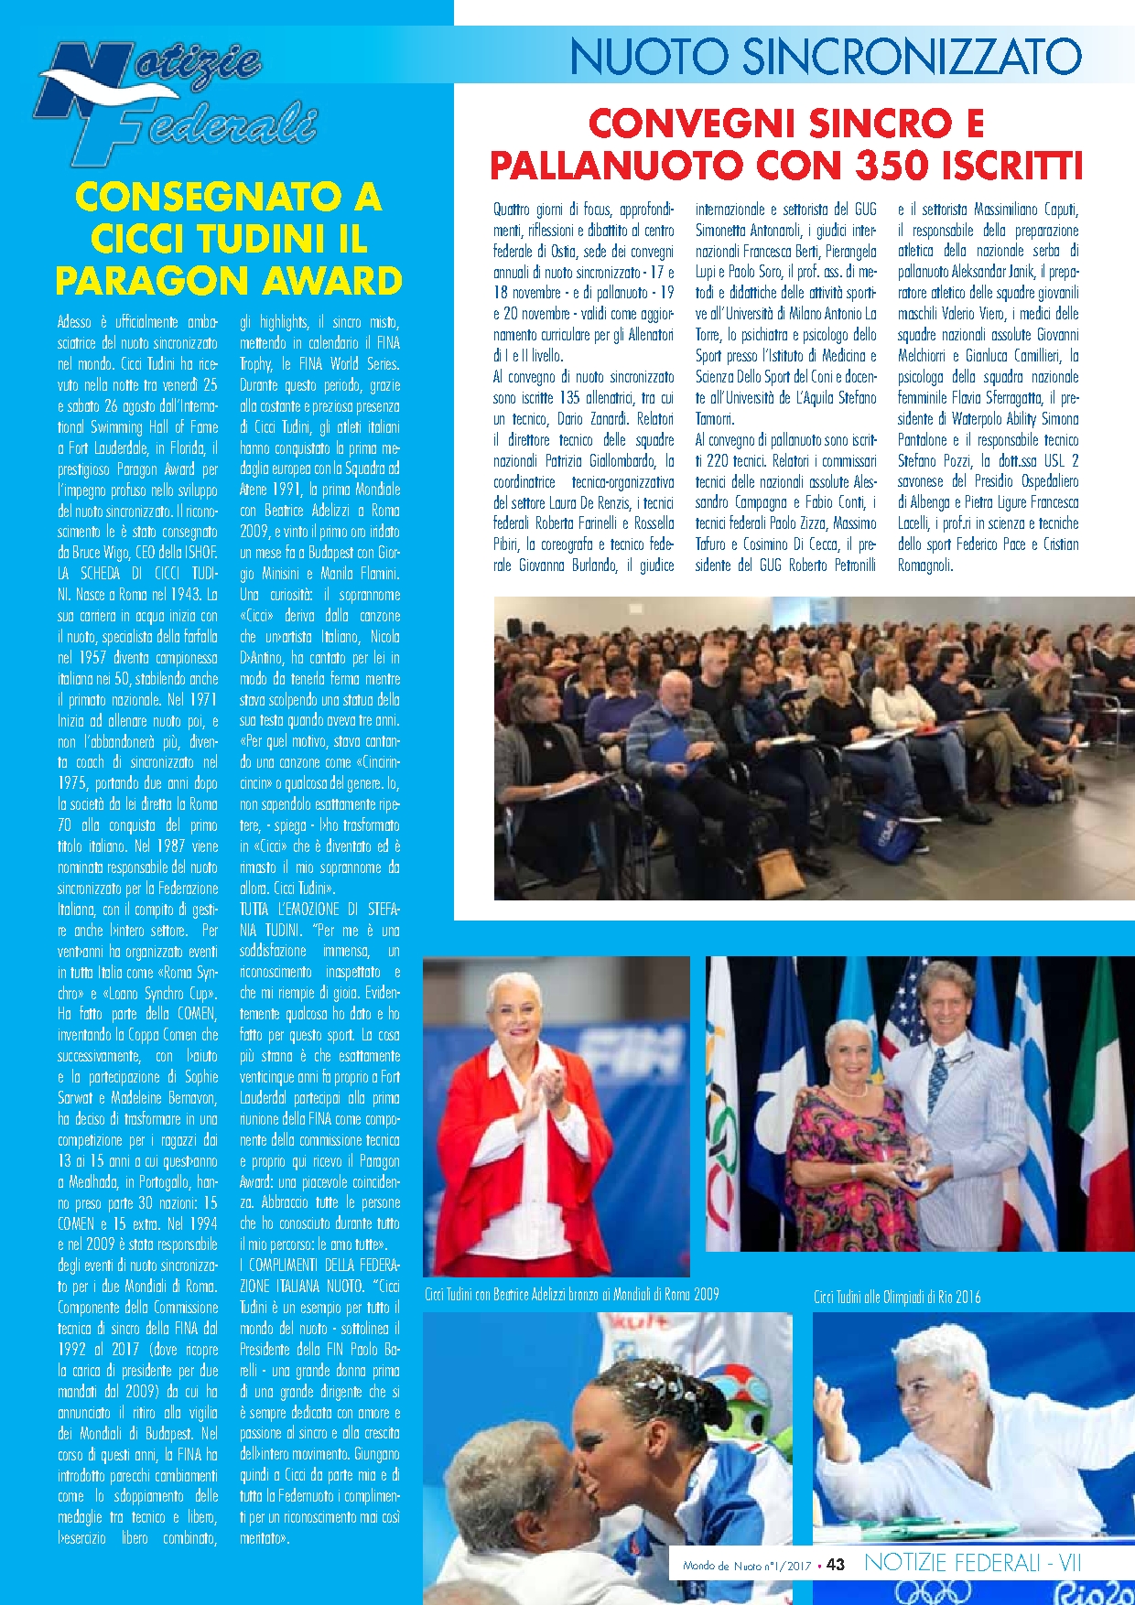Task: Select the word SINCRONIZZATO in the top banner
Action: click(912, 57)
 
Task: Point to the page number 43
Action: click(835, 1565)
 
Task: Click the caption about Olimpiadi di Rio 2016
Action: click(897, 1297)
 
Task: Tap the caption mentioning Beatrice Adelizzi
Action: click(571, 1294)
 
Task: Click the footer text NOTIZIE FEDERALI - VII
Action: click(972, 1563)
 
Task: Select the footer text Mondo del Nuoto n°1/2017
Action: click(747, 1566)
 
